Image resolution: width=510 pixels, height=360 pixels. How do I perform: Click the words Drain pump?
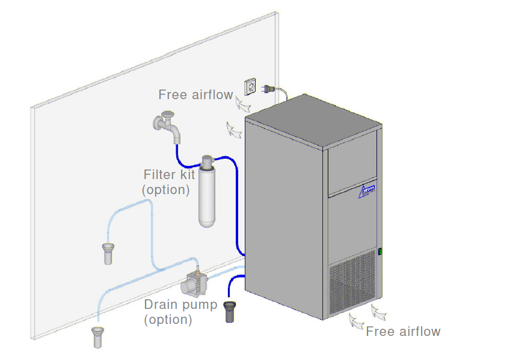point(180,305)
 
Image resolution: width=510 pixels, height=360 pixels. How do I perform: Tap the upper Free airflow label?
point(195,94)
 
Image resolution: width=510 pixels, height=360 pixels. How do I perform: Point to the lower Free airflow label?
point(403,331)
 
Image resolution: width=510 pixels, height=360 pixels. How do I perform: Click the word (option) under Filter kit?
point(166,190)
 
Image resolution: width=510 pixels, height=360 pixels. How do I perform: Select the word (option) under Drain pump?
point(168,320)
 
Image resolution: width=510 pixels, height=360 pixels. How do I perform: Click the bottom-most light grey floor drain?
point(96,336)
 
